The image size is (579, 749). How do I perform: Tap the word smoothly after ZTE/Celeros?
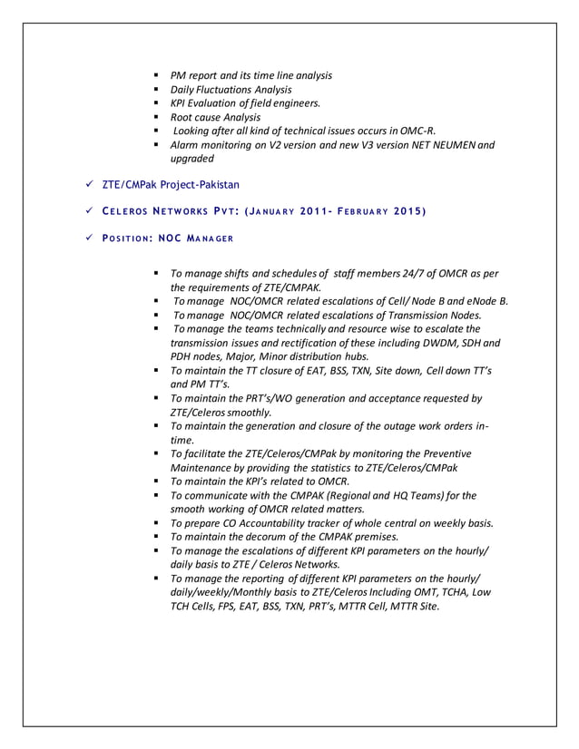[x=240, y=412]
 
